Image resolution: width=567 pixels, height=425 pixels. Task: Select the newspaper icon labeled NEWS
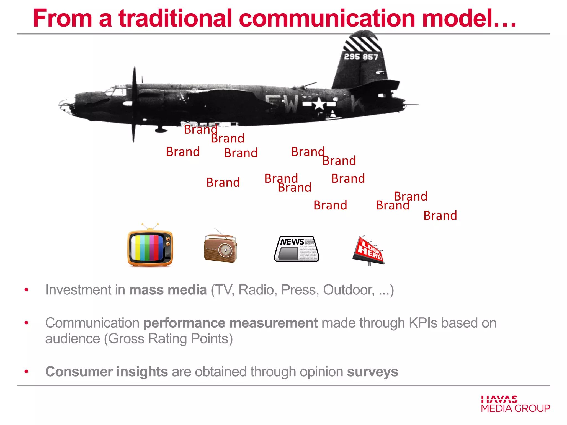(x=297, y=249)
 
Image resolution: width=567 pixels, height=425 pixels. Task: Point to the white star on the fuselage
(x=319, y=104)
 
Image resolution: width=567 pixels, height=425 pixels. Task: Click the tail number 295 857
(x=361, y=57)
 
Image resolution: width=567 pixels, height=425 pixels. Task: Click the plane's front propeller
(x=134, y=105)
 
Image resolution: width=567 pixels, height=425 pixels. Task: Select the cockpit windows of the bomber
(x=115, y=91)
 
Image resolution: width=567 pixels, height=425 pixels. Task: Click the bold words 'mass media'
(x=168, y=290)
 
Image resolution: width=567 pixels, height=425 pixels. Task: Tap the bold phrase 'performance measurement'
(x=230, y=323)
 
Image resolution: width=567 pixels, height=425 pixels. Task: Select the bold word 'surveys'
(x=372, y=372)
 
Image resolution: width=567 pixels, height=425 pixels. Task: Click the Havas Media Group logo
(x=515, y=404)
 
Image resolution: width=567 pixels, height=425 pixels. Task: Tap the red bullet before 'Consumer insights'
(x=26, y=372)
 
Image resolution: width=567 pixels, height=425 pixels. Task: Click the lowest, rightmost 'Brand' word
(x=440, y=216)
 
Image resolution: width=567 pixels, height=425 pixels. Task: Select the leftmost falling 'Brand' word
(x=183, y=152)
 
